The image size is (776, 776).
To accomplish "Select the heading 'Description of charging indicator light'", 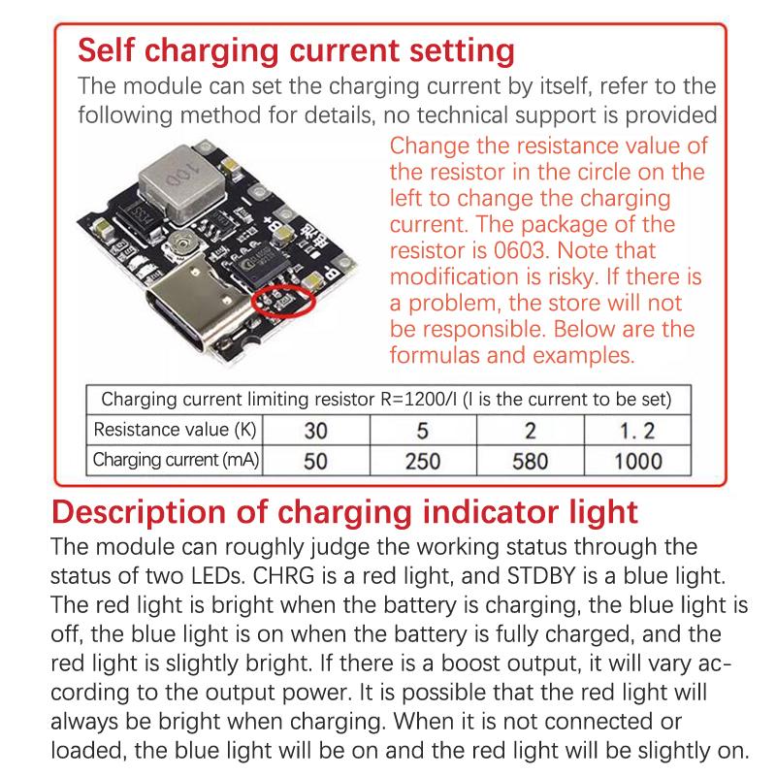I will [x=344, y=510].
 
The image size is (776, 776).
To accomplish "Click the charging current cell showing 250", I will [x=422, y=461].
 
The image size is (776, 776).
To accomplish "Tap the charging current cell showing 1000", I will [x=638, y=461].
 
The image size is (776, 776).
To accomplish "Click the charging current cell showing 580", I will [x=530, y=461].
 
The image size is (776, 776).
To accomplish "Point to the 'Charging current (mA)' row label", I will [x=176, y=461].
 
